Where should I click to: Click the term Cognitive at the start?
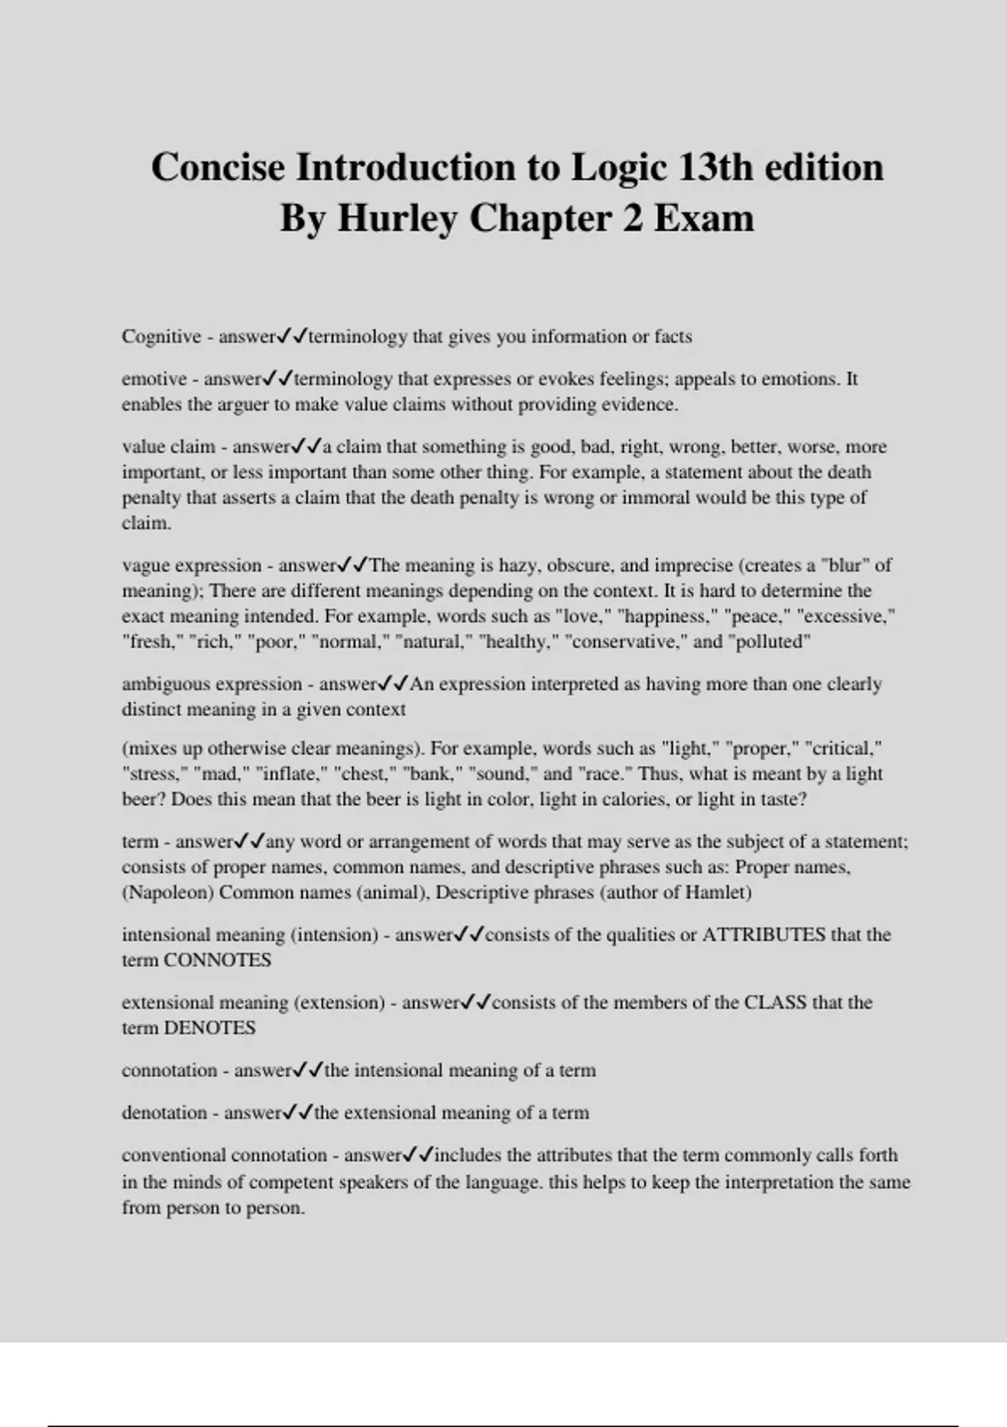tap(161, 337)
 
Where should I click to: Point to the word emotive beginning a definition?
tap(154, 379)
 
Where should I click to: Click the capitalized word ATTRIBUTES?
tap(763, 935)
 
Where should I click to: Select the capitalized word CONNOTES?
tap(217, 960)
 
